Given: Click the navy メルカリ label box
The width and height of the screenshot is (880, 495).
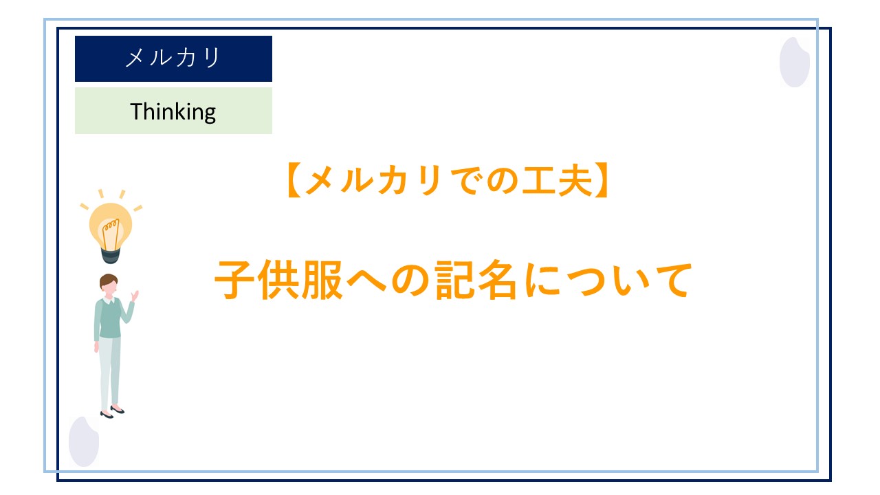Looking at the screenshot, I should pos(173,58).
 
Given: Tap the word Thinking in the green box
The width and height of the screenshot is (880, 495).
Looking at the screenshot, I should pos(173,111).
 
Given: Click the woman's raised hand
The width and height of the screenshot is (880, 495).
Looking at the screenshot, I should pos(135,296).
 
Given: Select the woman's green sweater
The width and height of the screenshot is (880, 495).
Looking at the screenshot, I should pos(109,319).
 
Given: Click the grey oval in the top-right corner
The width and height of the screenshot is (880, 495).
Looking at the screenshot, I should pos(794,62).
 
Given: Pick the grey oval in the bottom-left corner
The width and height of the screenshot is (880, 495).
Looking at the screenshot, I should pos(84,441).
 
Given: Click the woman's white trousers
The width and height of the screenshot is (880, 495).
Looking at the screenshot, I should pos(109,371).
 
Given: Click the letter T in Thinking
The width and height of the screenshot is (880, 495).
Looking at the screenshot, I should pos(135,111).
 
